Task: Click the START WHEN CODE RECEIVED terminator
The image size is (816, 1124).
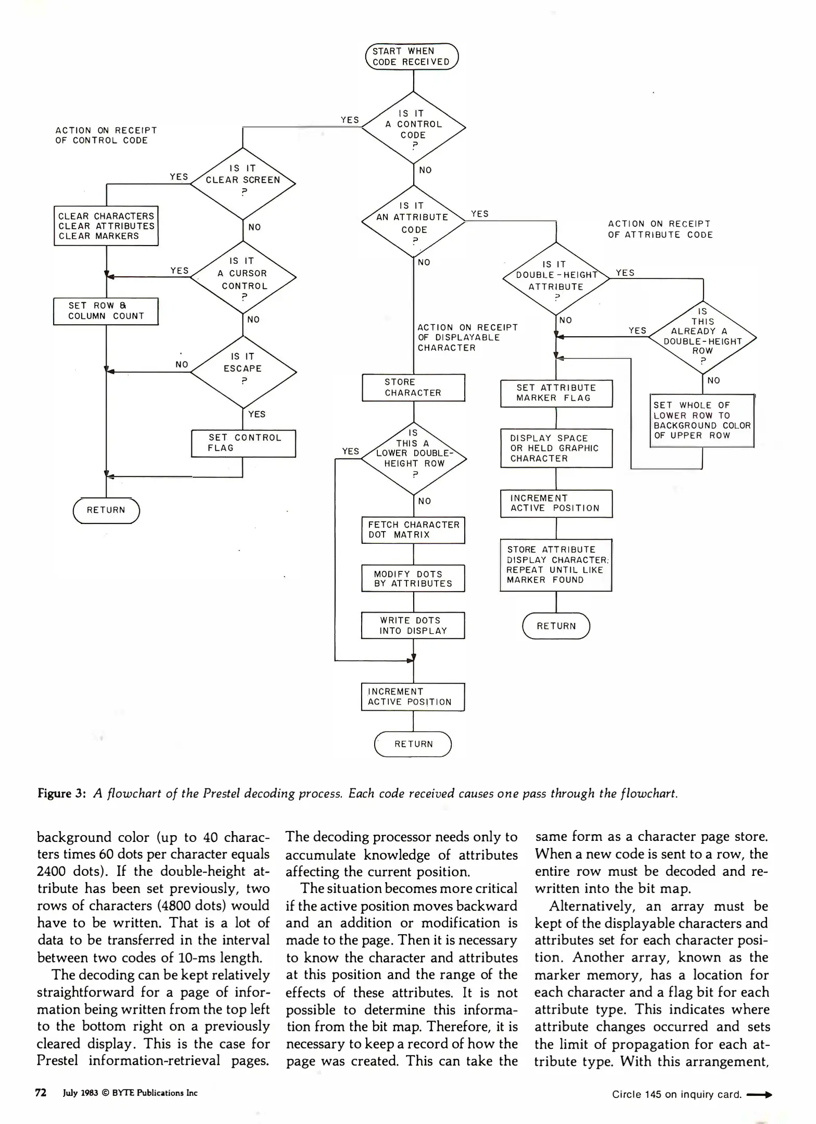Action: point(411,56)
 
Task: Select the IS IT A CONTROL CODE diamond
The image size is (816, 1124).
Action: point(413,127)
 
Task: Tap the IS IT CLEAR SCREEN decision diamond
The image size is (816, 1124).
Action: point(243,183)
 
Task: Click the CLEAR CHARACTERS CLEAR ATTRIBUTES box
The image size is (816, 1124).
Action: point(106,226)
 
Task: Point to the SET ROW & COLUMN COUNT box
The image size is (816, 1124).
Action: point(106,311)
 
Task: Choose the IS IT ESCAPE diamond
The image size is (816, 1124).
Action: point(243,372)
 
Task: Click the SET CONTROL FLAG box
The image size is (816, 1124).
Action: point(243,443)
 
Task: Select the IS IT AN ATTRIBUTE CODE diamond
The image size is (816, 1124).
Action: point(413,221)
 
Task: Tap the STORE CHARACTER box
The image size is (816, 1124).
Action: point(413,388)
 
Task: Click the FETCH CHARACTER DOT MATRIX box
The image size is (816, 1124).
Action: point(413,530)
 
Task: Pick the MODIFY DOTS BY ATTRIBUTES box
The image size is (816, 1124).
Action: point(413,578)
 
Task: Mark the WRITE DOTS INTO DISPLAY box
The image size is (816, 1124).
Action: point(413,625)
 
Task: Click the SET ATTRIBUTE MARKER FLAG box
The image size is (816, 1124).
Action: point(556,393)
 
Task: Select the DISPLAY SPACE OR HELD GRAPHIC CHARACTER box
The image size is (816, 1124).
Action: point(556,448)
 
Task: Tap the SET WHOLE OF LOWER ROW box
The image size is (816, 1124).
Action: point(702,420)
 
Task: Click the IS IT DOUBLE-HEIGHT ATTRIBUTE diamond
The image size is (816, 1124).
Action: point(556,278)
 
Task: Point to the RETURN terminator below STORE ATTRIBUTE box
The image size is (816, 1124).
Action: point(556,626)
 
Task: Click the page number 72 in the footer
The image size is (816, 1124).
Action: point(41,1093)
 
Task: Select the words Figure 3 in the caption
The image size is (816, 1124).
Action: point(61,794)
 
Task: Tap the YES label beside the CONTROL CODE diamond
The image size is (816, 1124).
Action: point(350,120)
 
